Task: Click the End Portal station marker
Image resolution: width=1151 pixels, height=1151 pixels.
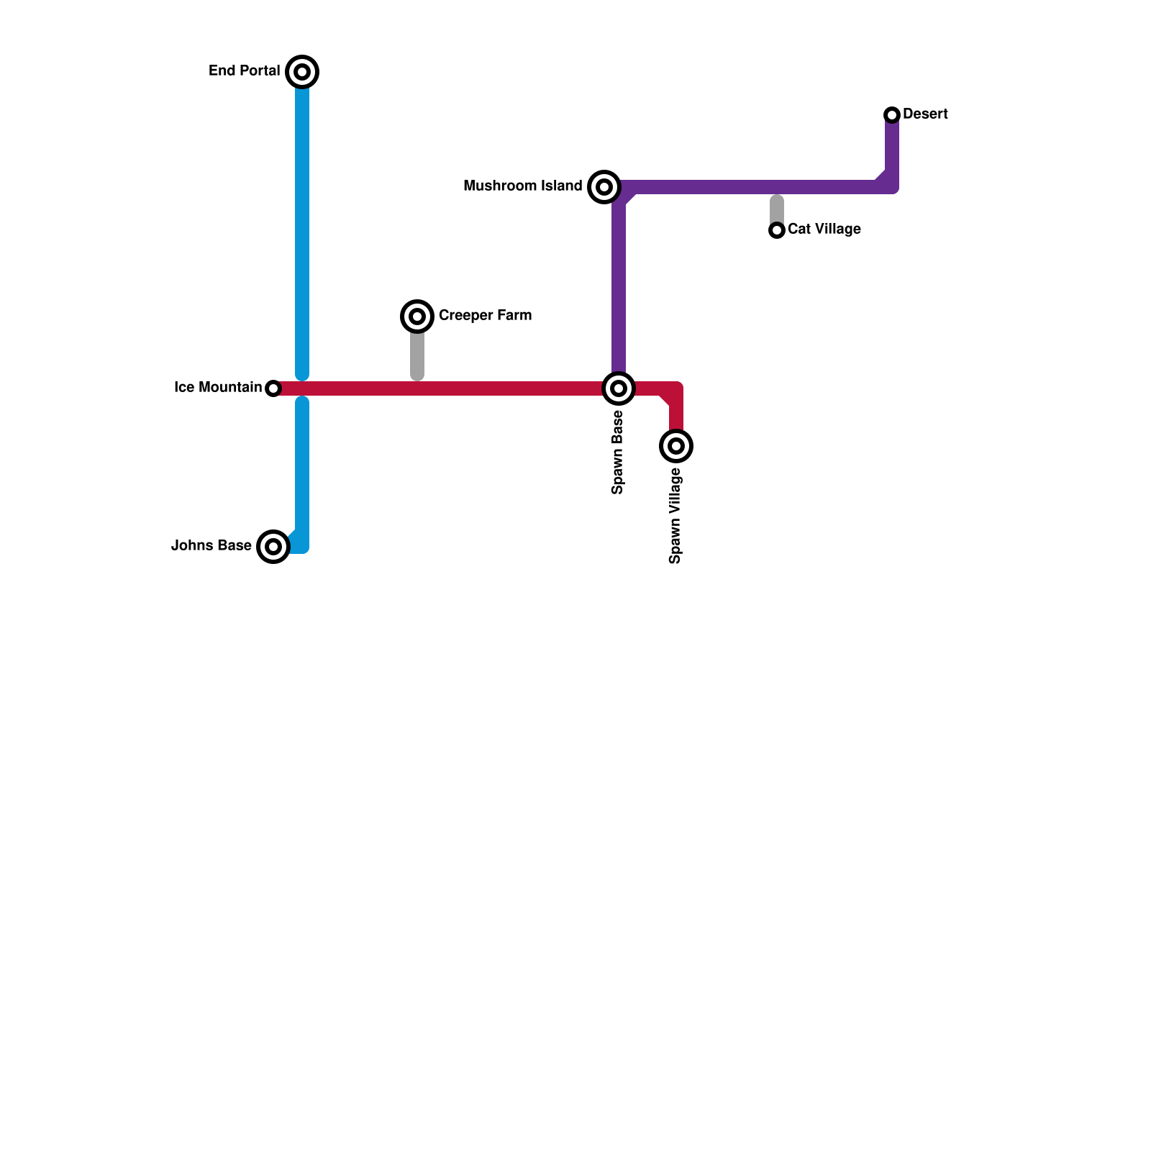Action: pos(302,72)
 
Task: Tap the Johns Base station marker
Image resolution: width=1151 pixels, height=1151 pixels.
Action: pos(273,547)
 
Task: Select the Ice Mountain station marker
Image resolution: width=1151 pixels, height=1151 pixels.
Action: pos(273,388)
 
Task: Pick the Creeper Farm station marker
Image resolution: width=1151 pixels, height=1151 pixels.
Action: pos(417,317)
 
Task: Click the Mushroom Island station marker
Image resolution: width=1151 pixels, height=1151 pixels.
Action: pos(604,187)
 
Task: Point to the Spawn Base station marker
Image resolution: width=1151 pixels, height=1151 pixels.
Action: pos(619,388)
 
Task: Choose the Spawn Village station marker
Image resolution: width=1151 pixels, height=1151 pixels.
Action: pos(676,446)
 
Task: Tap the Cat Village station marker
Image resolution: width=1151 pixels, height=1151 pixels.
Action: pos(777,230)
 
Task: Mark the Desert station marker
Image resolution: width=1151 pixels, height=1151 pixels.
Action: pos(892,115)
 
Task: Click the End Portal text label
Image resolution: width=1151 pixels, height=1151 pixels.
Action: pos(245,70)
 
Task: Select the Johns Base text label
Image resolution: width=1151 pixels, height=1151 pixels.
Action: pos(211,545)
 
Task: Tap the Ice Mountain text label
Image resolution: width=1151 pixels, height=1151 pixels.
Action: pos(218,387)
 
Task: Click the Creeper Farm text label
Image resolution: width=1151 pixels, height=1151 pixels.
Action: pos(485,315)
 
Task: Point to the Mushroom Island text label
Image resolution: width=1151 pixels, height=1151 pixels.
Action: pos(523,186)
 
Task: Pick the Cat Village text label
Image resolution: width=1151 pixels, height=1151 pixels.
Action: pos(824,229)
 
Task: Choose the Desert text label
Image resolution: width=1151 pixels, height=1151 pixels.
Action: pos(925,114)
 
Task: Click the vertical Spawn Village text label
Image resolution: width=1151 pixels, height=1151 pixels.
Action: pos(675,515)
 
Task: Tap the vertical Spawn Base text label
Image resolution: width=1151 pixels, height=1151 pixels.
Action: pos(617,452)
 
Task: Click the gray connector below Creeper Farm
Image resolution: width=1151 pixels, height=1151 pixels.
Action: pos(417,355)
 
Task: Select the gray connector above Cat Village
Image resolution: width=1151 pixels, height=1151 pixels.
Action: pos(777,209)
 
